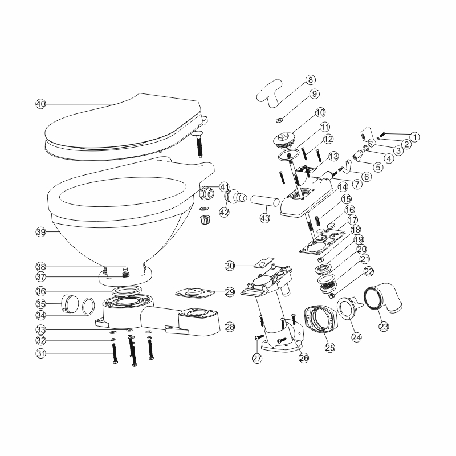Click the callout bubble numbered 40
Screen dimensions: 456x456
pyautogui.click(x=40, y=104)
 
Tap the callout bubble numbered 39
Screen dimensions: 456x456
pyautogui.click(x=40, y=232)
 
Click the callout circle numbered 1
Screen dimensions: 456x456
pyautogui.click(x=414, y=137)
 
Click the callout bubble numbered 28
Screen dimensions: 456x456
pyautogui.click(x=230, y=327)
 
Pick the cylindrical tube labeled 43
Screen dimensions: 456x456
pyautogui.click(x=264, y=200)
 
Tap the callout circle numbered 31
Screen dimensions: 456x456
pyautogui.click(x=40, y=353)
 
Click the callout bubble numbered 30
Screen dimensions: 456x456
pyautogui.click(x=230, y=266)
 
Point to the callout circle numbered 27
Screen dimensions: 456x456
pyautogui.click(x=257, y=358)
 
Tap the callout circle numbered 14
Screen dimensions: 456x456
pyautogui.click(x=343, y=186)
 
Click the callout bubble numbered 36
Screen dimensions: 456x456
pyautogui.click(x=40, y=290)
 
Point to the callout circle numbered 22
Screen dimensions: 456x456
pyautogui.click(x=368, y=271)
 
